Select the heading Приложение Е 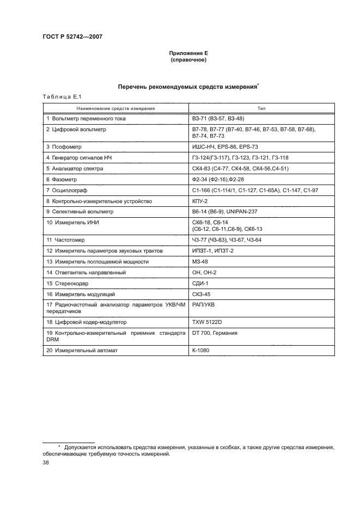coord(188,53)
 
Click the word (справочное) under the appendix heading coord(188,59)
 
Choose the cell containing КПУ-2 coord(200,201)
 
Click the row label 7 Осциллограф coord(67,190)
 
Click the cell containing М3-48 coord(200,261)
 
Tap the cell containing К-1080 coord(200,351)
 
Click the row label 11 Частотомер coord(66,240)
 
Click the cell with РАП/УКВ coord(203,305)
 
